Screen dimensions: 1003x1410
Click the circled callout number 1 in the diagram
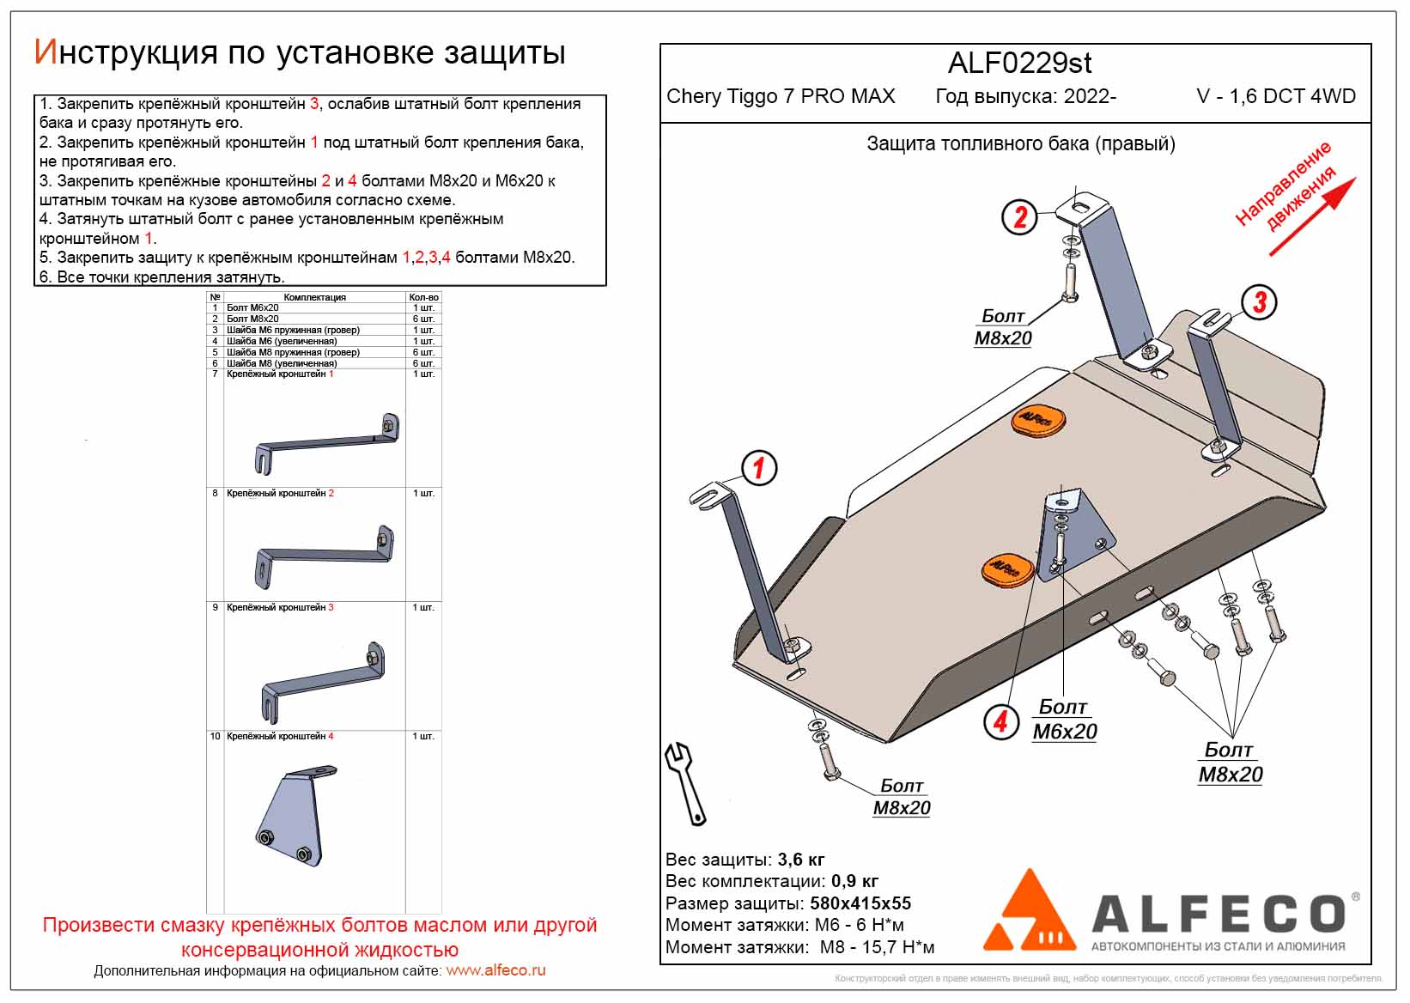[759, 468]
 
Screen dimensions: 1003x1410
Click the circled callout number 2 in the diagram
[1019, 216]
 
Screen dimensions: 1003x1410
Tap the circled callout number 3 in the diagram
[1259, 301]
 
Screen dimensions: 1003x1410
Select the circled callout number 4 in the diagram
[1000, 721]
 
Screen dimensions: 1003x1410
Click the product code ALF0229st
[1019, 63]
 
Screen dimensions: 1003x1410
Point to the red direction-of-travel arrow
[1312, 216]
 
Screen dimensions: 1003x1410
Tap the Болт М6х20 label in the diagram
[1064, 720]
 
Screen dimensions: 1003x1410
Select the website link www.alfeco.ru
[495, 970]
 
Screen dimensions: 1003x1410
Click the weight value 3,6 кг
[800, 860]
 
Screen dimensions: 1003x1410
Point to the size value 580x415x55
[860, 903]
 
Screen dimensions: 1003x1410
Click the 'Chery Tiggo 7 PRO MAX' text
[781, 96]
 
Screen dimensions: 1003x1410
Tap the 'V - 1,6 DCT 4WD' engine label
[1276, 96]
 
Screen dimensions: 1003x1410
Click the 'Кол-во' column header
[423, 297]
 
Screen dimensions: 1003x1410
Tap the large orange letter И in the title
[45, 52]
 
